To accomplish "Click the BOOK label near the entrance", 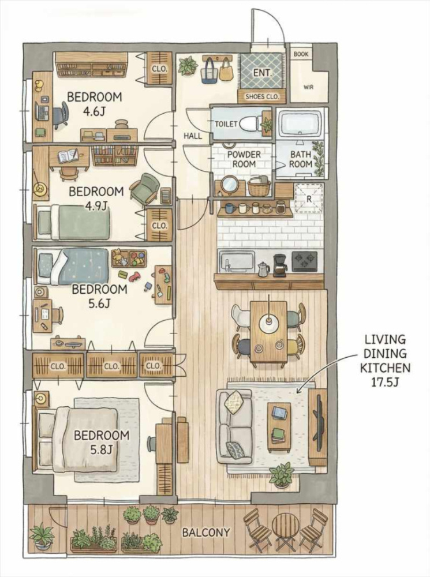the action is click(301, 54).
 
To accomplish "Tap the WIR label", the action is click(309, 88).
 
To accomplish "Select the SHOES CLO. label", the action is click(263, 97).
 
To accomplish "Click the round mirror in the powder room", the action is click(230, 183).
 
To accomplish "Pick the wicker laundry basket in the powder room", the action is click(259, 186).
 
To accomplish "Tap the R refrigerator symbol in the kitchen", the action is click(309, 198).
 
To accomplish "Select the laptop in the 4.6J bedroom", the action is click(43, 111).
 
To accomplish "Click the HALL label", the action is click(193, 136).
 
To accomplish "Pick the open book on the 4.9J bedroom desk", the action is click(67, 156).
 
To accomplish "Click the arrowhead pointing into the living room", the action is click(298, 391).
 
